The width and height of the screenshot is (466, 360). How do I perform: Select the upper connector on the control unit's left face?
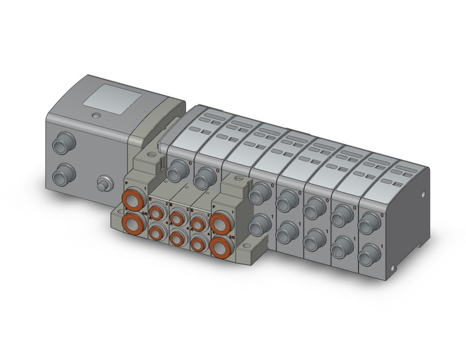[x=61, y=146]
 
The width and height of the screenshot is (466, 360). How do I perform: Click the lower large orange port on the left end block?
[x=132, y=222]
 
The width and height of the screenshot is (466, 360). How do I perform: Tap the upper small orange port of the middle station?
[x=177, y=218]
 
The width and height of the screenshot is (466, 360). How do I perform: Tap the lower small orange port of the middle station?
[x=177, y=239]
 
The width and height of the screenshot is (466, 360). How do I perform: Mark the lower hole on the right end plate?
[x=421, y=245]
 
